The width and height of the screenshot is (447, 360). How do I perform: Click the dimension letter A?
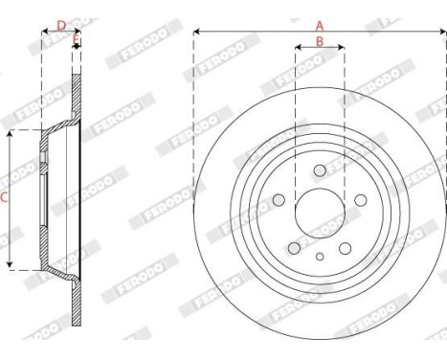click(320, 25)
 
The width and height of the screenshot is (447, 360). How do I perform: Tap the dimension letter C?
click(6, 199)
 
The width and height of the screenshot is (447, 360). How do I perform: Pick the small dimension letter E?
click(77, 40)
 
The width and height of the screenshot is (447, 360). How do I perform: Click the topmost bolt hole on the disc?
click(320, 169)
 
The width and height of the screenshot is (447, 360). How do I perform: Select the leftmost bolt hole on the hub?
click(279, 200)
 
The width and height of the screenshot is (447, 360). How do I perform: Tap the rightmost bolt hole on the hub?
click(361, 200)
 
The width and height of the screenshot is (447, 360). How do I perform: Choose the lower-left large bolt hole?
click(295, 248)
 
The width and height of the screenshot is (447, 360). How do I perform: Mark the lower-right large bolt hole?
click(346, 248)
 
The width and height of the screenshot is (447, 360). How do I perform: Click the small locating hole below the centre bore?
click(320, 256)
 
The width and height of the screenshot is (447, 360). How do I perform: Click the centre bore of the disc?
click(320, 212)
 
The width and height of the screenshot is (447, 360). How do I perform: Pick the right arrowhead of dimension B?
click(342, 48)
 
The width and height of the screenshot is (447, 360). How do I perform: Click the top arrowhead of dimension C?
click(12, 134)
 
